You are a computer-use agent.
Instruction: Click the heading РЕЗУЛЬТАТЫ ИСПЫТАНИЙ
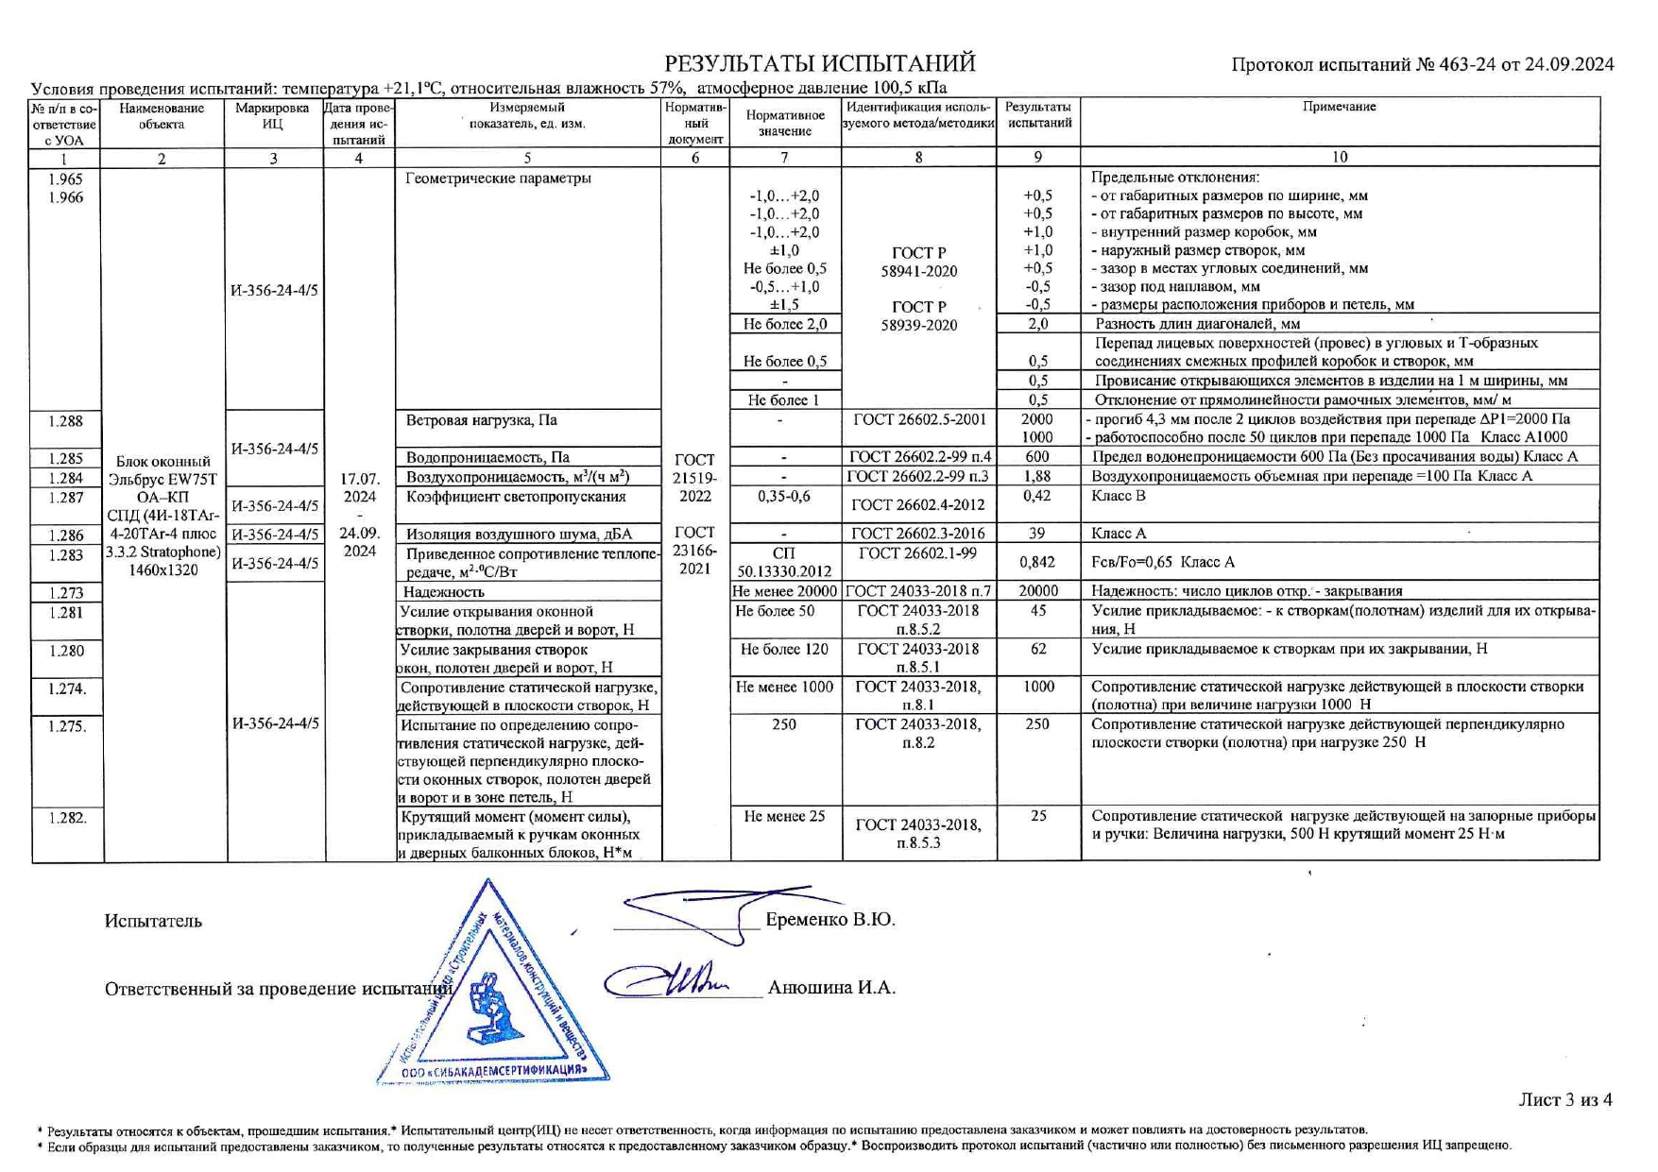click(x=819, y=64)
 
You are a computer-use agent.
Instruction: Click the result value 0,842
click(x=1037, y=562)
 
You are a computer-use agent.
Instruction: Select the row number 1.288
click(x=66, y=421)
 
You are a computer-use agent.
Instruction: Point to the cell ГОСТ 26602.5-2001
click(x=918, y=420)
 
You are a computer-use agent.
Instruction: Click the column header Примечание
click(x=1339, y=107)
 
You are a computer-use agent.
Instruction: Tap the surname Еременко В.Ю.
click(x=829, y=919)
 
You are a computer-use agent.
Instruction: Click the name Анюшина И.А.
click(x=831, y=988)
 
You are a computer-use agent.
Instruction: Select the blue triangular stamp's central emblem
click(x=491, y=1007)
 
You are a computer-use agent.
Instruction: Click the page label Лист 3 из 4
click(x=1564, y=1099)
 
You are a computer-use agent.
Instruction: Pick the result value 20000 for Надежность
click(x=1037, y=591)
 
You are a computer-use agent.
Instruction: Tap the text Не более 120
click(x=784, y=650)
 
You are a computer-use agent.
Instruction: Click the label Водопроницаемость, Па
click(x=487, y=458)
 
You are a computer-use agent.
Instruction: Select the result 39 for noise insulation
click(x=1037, y=534)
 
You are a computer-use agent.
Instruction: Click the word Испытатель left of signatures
click(x=153, y=921)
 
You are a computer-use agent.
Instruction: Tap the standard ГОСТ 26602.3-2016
click(x=918, y=534)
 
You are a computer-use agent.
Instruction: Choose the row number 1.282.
click(x=67, y=818)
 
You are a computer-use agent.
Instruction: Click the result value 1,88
click(x=1037, y=477)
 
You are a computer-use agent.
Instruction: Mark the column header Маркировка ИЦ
click(x=272, y=115)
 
